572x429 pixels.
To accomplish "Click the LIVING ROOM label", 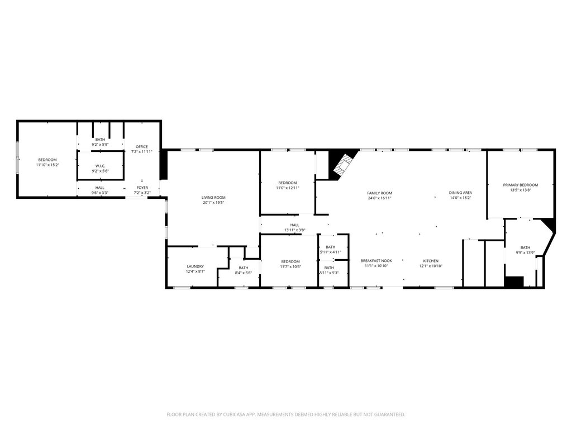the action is pos(213,197).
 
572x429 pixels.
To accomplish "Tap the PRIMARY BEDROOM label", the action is pos(520,185).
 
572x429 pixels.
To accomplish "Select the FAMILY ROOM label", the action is pos(379,193).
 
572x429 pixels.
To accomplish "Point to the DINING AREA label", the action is pos(460,193).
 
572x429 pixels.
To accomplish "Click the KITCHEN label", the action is pos(431,261).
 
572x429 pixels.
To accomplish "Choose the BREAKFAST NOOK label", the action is pos(376,261).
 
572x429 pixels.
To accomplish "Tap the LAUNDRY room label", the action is pos(195,266).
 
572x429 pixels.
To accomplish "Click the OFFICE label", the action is pos(142,147).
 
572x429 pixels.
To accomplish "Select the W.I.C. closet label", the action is pos(101,166).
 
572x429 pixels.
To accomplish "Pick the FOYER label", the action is pos(142,188).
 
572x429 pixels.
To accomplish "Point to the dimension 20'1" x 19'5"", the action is pos(213,202).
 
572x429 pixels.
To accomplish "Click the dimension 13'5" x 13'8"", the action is pos(520,190).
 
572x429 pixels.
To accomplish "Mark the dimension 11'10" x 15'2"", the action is pos(47,165).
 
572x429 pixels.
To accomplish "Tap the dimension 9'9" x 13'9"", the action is pos(525,252).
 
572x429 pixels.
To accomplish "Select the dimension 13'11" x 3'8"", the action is pos(295,230).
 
